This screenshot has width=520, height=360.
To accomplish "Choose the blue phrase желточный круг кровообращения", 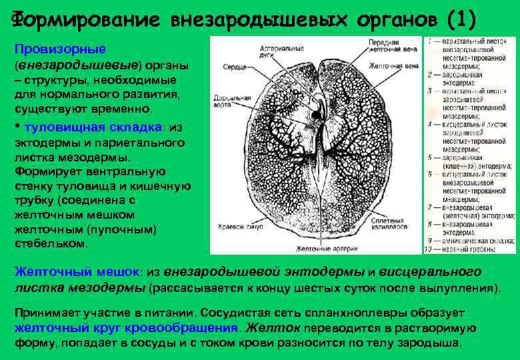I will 127,327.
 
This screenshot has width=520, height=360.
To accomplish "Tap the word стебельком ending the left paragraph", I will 51,243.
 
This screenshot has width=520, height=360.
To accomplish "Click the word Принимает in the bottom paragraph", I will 44,312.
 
